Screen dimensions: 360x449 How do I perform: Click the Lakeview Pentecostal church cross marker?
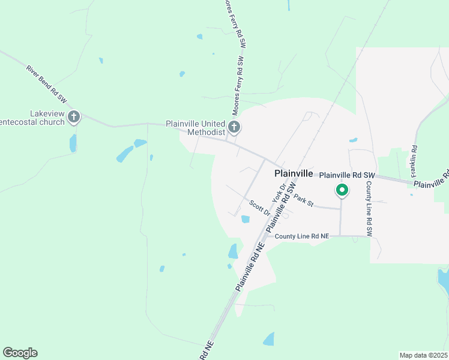click(74, 116)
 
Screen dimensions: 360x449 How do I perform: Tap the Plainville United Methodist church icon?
click(234, 127)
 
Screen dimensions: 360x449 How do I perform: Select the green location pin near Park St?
click(342, 191)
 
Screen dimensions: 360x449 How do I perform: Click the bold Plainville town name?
click(294, 173)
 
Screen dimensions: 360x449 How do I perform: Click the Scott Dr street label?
click(260, 208)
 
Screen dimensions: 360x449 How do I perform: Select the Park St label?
click(304, 201)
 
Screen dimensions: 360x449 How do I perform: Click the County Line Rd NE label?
click(303, 236)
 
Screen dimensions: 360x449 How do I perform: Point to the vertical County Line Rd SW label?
click(369, 208)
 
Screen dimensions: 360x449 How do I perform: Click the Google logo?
click(20, 353)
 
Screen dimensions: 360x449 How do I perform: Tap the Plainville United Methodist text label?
click(195, 128)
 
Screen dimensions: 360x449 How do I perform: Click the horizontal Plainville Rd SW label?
click(346, 175)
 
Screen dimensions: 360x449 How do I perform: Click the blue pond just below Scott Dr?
click(245, 219)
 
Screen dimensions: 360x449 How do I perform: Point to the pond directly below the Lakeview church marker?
click(73, 143)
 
